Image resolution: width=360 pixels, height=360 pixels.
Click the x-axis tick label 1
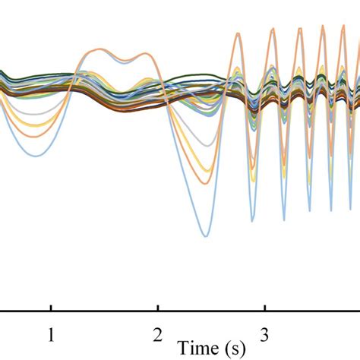(x=51, y=334)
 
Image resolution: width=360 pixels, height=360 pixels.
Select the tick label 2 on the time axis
(x=157, y=334)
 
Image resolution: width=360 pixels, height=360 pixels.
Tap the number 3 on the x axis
(x=264, y=334)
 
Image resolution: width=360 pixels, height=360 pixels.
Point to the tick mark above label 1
(x=51, y=308)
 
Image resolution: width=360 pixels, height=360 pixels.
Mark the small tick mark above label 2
(x=157, y=308)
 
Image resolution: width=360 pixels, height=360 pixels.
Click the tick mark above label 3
(x=264, y=308)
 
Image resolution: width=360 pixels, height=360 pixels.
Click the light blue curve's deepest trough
(x=204, y=236)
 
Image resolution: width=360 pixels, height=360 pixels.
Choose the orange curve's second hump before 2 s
(x=141, y=54)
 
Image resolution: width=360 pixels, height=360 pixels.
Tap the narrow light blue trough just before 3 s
(x=251, y=221)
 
